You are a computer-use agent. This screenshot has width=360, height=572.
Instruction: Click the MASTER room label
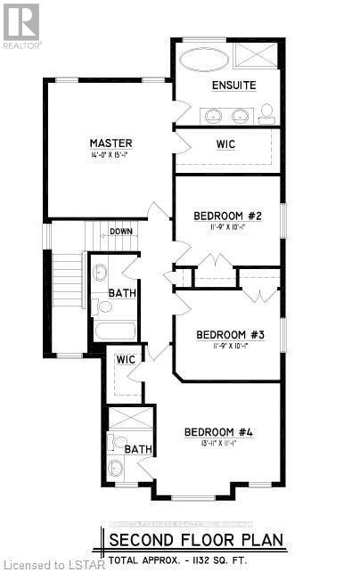pos(111,143)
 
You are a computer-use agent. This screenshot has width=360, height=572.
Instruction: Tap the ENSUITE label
pos(233,86)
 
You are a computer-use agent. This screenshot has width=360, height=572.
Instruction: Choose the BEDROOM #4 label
pos(219,433)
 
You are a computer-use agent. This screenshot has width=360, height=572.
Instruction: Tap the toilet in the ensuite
pos(266,112)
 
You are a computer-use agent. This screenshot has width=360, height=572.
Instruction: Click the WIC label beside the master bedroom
pos(226,144)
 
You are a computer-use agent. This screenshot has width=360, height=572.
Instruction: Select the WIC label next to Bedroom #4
pos(126,359)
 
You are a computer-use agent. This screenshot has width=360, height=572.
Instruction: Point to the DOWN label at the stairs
pos(123,232)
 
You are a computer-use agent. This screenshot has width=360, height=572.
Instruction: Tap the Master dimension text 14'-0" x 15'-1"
pos(111,156)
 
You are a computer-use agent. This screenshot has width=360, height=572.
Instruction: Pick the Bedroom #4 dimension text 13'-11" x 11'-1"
pos(219,445)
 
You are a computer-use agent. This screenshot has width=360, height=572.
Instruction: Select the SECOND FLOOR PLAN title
pos(195,539)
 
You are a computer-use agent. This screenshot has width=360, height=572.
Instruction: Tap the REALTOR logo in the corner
pos(20,24)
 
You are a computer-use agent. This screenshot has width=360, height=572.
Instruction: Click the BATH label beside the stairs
pos(121,292)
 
